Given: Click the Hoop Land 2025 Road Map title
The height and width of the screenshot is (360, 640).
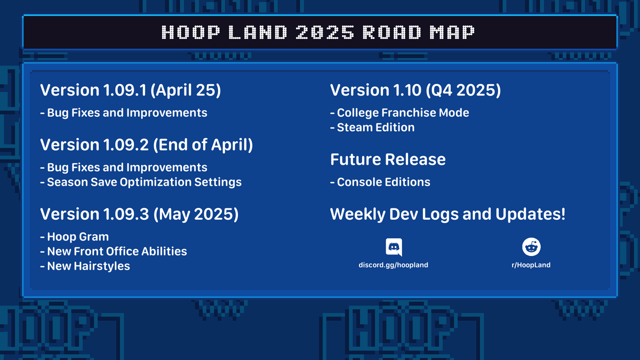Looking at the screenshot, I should (318, 33).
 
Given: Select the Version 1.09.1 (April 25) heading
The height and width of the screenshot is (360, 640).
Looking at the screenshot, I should (131, 90).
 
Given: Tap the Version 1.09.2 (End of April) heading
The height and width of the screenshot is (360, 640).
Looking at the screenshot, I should (146, 145).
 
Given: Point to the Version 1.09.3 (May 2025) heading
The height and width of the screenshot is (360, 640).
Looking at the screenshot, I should (139, 214).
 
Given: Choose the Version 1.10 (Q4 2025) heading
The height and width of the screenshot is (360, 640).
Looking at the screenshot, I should (415, 90).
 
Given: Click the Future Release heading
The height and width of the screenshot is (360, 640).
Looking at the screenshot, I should (388, 159).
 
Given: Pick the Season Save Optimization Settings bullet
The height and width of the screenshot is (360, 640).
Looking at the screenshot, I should (141, 182).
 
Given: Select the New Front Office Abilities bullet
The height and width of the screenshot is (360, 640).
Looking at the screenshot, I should (114, 251).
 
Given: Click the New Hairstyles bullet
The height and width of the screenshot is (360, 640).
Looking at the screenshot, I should (85, 266).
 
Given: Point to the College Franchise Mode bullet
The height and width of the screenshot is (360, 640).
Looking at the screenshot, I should (399, 113).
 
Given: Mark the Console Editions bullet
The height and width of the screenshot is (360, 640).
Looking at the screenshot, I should (380, 182).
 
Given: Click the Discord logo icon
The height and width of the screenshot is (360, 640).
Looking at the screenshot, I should (394, 247).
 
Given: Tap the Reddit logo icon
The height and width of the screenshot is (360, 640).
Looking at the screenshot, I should (531, 247).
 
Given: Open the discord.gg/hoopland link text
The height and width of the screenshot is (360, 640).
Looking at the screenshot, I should (393, 265).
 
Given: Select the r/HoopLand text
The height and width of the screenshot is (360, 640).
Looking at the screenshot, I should (531, 265).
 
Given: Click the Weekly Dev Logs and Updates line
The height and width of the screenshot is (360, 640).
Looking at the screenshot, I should (447, 214).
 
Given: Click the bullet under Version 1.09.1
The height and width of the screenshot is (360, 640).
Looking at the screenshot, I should (124, 113).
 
